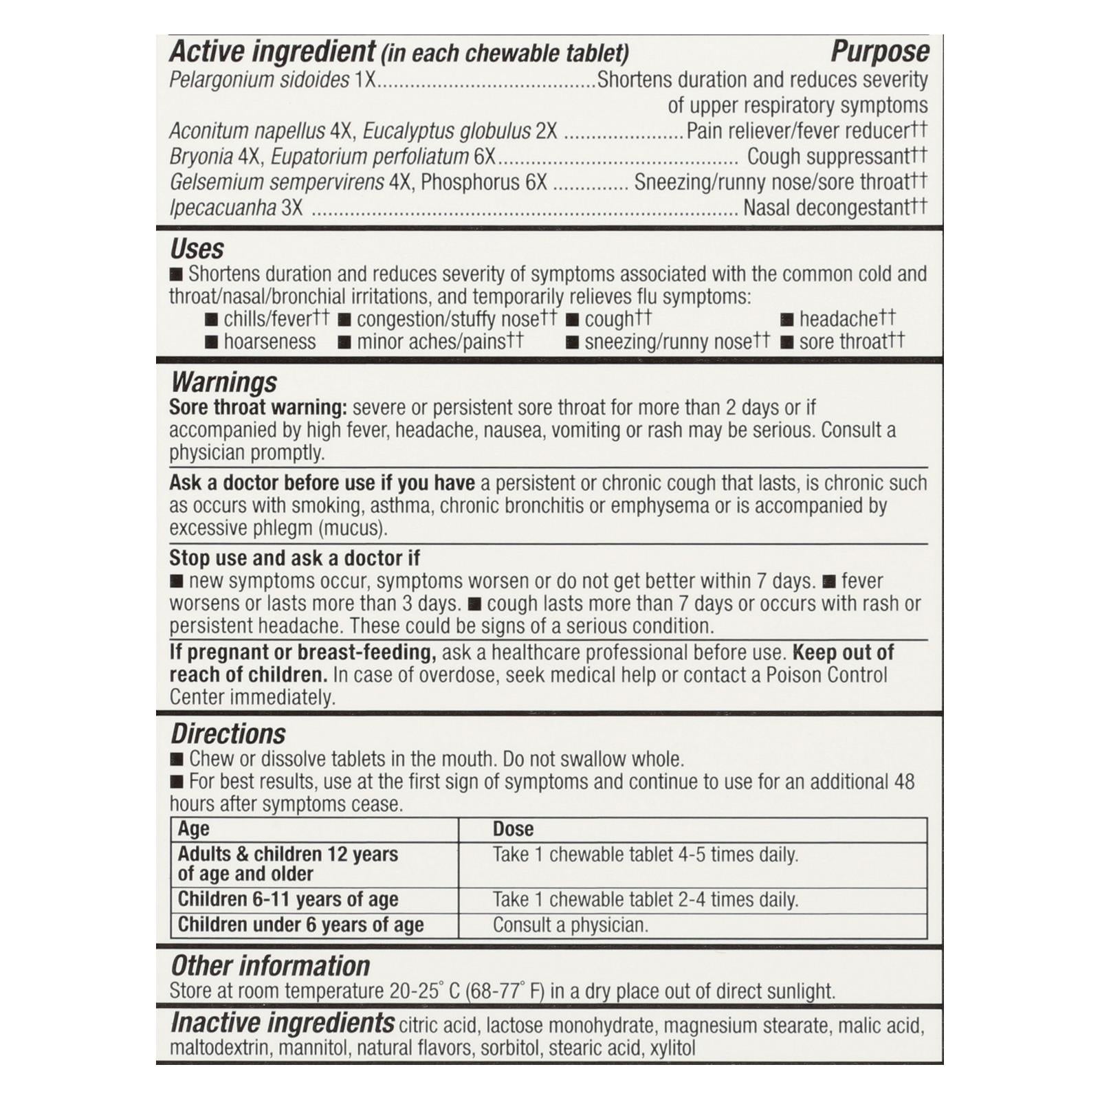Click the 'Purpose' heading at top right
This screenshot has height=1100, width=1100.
(x=879, y=52)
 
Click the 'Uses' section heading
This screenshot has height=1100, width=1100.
(x=197, y=248)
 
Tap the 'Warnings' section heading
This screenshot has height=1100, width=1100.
(x=223, y=382)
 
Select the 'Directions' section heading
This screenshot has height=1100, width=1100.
(x=228, y=734)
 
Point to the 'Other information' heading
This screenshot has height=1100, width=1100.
(x=270, y=966)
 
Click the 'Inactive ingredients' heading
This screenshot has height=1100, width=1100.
(x=283, y=1023)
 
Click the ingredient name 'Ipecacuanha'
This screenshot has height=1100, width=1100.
(x=223, y=208)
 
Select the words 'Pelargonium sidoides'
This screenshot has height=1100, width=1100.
(x=259, y=80)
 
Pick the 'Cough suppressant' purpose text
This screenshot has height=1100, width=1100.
(x=828, y=157)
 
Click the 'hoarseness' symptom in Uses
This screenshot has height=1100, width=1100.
(x=269, y=342)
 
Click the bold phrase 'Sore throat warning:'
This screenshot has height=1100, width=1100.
(x=258, y=408)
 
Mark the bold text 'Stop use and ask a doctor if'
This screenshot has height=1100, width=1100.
(x=294, y=558)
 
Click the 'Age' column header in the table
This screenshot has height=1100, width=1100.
(x=194, y=829)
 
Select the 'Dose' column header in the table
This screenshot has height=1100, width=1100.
(x=513, y=829)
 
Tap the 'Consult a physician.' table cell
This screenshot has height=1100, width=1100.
(x=570, y=925)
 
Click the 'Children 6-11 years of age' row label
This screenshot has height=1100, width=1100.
(x=288, y=899)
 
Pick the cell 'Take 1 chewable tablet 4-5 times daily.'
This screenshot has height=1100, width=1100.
(x=645, y=855)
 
